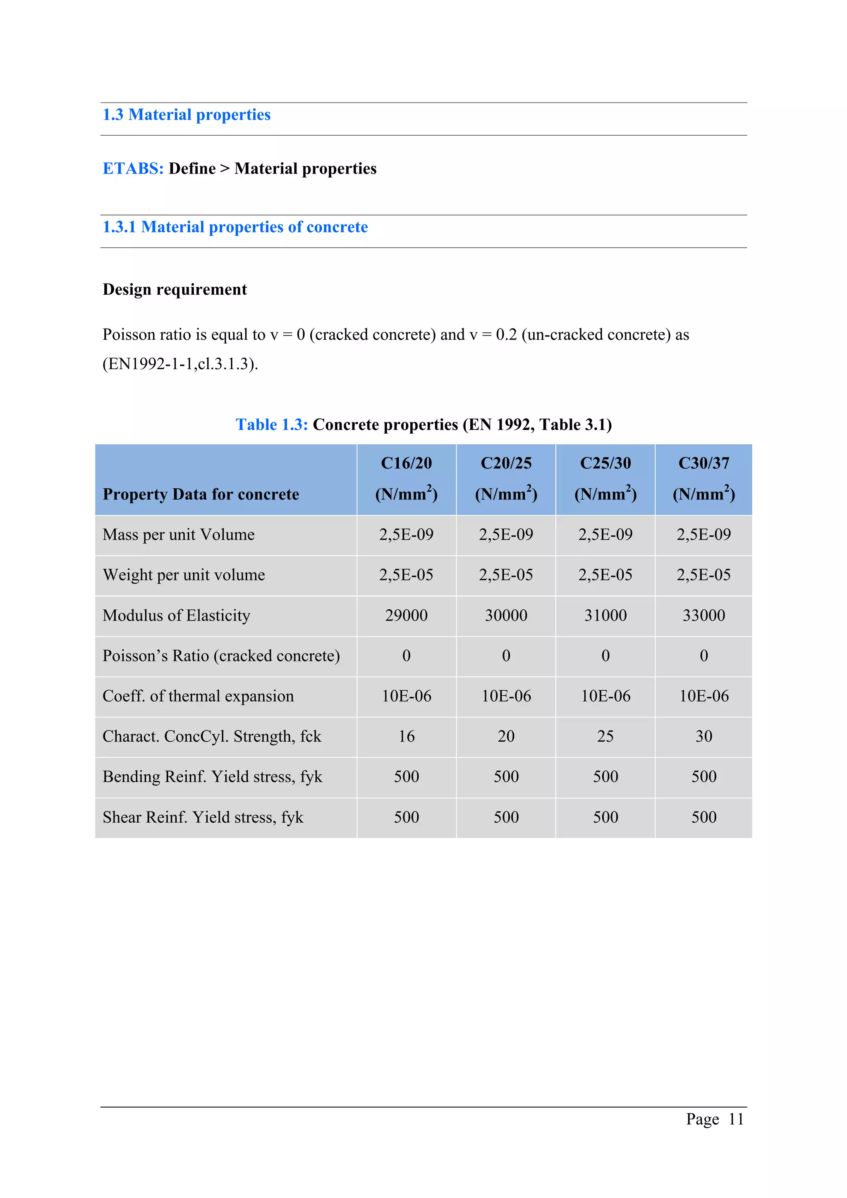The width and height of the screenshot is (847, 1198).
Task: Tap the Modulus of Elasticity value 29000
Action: click(406, 615)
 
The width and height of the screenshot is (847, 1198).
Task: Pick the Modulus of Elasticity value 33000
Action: click(703, 615)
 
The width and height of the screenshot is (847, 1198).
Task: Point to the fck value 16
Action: click(406, 736)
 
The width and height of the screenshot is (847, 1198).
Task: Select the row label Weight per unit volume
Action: click(184, 575)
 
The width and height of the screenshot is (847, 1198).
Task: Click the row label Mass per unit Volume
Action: click(179, 535)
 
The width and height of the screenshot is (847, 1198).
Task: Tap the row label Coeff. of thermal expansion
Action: click(199, 696)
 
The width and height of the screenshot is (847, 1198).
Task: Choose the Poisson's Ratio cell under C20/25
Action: click(506, 656)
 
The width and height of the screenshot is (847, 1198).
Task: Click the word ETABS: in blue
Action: click(133, 169)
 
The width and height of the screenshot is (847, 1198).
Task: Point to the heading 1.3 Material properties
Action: click(186, 115)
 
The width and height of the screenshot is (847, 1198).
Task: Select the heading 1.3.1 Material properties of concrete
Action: click(235, 227)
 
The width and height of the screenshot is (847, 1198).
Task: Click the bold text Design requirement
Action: click(175, 290)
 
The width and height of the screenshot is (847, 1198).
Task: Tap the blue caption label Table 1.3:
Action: click(271, 425)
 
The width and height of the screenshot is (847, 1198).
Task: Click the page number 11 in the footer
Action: click(735, 1119)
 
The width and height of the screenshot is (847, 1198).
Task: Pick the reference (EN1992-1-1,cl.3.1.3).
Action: click(180, 364)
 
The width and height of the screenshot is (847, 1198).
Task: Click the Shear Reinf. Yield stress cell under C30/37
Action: click(703, 817)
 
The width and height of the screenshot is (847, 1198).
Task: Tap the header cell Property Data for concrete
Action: click(201, 494)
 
